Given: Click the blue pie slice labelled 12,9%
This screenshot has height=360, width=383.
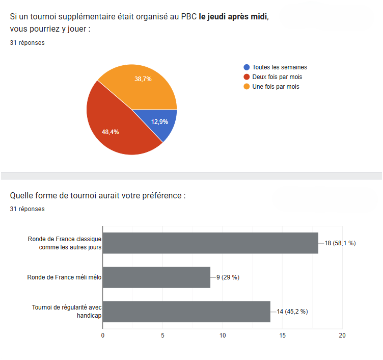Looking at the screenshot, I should (160, 122).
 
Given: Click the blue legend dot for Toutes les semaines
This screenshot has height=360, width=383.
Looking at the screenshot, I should (247, 67).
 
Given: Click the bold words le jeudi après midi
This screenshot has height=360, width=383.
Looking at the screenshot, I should (233, 17).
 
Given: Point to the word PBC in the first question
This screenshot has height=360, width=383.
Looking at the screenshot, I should (189, 17).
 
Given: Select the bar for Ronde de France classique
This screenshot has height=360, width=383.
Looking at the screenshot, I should (210, 243).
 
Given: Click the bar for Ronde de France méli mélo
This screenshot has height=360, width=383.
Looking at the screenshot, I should (156, 277).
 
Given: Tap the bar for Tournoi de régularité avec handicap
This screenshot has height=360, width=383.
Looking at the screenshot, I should (186, 312).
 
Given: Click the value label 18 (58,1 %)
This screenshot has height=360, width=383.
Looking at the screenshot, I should (340, 243).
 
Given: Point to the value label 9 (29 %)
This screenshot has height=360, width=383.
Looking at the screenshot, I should (228, 277).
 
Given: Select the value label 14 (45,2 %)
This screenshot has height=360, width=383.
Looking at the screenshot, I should (292, 312).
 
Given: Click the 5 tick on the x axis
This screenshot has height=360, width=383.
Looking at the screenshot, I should (162, 335).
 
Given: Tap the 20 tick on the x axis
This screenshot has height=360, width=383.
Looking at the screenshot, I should (342, 335).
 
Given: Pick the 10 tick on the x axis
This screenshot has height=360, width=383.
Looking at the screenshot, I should (223, 335).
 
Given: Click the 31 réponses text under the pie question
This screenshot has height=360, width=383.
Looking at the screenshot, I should (27, 43).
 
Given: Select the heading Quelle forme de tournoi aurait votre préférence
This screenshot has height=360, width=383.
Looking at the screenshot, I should (98, 196).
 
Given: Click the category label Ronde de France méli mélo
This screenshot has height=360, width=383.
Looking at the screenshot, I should (65, 277).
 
